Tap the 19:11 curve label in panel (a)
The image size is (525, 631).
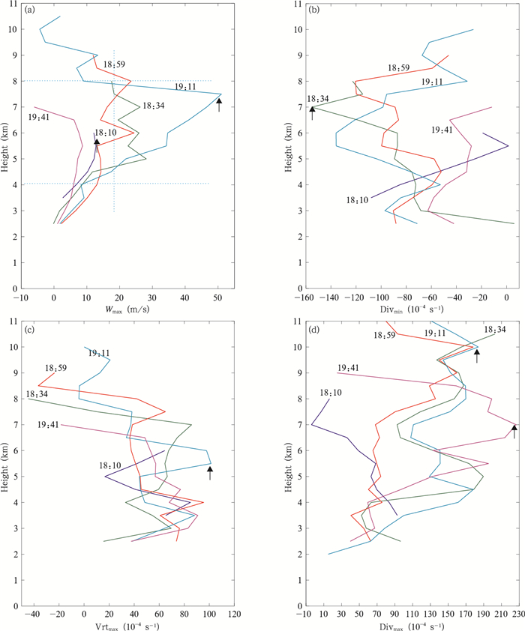click(186, 87)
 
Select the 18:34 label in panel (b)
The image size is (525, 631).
click(319, 100)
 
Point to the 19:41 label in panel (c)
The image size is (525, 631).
click(49, 424)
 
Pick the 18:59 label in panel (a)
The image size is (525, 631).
click(114, 64)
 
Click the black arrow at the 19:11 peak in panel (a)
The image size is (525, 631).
click(219, 104)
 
